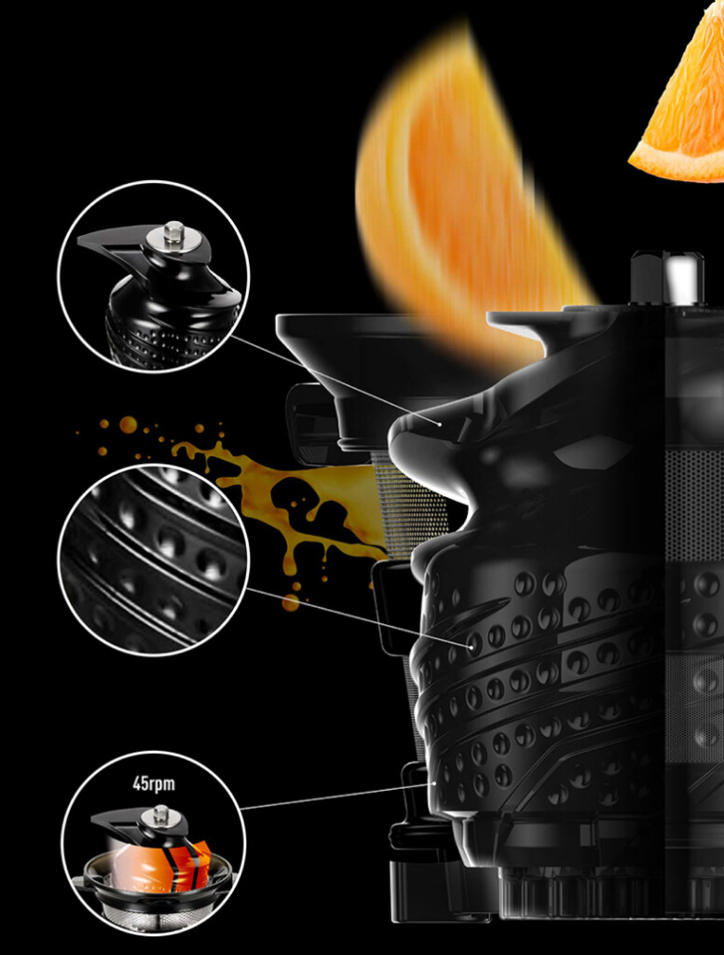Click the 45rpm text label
point(154,783)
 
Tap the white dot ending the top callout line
point(439,422)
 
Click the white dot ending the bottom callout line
point(435,783)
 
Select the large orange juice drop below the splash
point(291,603)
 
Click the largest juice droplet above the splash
point(128,424)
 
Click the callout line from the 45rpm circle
point(337,796)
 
